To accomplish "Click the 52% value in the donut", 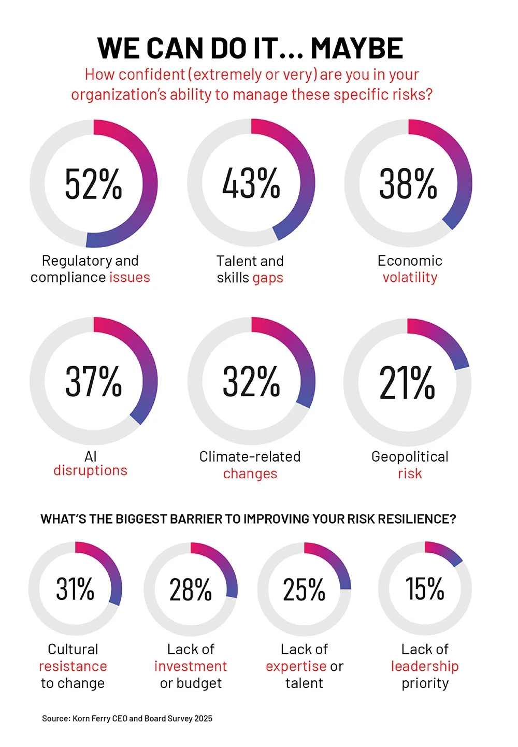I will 94,184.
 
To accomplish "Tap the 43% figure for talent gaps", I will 251,183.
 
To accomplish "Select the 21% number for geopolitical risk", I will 407,382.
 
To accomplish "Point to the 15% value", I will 425,588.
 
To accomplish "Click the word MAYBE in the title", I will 356,48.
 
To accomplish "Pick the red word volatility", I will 410,277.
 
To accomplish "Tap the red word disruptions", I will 90,470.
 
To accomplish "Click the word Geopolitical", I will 410,456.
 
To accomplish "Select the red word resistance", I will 73,666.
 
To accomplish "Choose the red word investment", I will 191,666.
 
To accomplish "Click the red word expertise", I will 296,666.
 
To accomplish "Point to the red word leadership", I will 425,666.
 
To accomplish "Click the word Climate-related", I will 250,456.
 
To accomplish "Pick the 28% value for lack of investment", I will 191,590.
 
